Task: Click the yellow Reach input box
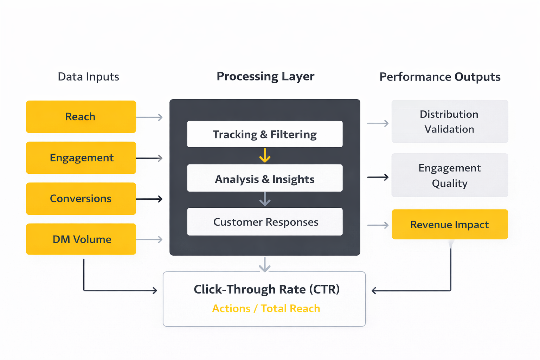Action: click(81, 117)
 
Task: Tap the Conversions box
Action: click(81, 199)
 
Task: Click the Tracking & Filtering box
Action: click(265, 134)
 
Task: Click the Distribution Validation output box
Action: click(450, 122)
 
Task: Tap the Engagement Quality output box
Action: click(450, 175)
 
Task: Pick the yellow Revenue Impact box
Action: click(450, 224)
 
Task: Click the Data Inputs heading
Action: click(88, 77)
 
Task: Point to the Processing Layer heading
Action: click(265, 76)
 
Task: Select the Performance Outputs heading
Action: click(440, 77)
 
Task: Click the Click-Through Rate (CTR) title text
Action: click(266, 289)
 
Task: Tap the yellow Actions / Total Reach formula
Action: click(266, 308)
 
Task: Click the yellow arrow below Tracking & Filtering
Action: click(265, 155)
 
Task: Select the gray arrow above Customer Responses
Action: click(265, 199)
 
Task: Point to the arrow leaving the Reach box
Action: click(149, 117)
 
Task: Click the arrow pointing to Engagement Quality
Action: click(378, 177)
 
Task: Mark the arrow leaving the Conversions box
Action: click(149, 199)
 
